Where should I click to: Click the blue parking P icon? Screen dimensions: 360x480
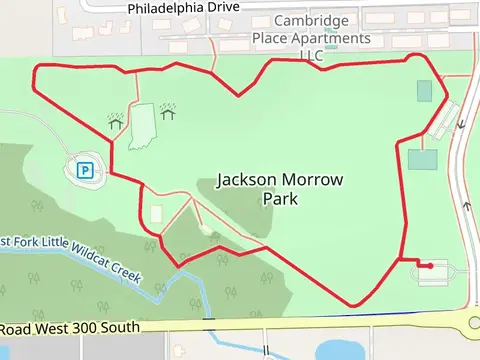click(x=86, y=170)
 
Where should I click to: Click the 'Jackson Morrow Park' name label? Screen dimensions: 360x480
click(x=281, y=189)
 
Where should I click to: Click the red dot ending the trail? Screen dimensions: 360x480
click(x=429, y=266)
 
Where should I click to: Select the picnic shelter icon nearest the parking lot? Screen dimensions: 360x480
click(x=116, y=121)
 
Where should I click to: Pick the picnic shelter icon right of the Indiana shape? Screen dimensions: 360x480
click(x=168, y=108)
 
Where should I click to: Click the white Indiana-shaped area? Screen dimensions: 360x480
click(x=143, y=126)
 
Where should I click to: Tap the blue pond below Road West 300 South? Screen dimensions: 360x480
click(x=340, y=350)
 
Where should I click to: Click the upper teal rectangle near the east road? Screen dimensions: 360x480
click(x=424, y=91)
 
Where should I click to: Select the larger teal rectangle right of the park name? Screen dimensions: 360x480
click(x=422, y=160)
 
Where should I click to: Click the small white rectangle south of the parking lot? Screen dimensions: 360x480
click(x=156, y=214)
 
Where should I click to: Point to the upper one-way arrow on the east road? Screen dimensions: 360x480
click(x=462, y=124)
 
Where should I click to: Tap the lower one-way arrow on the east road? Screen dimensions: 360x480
click(x=466, y=206)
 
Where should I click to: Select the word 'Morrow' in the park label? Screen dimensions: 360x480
click(x=314, y=181)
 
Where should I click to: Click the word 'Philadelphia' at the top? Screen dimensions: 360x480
click(x=165, y=8)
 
